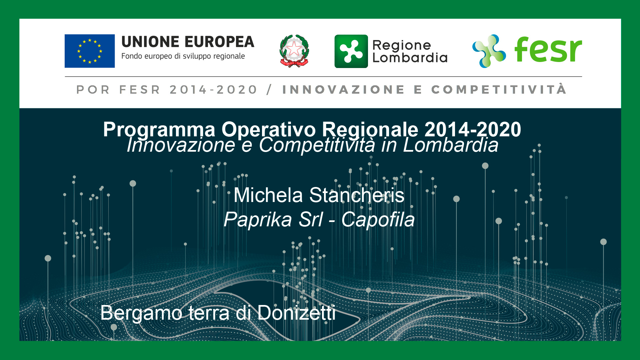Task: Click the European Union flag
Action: tap(90, 51)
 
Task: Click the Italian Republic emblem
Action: tap(294, 51)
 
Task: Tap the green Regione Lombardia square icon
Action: tap(351, 51)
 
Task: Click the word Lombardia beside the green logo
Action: tap(410, 58)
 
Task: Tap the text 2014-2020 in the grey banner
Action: tap(213, 90)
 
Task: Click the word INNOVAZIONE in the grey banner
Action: tap(343, 90)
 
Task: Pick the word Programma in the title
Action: tap(159, 129)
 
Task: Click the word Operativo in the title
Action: tap(269, 129)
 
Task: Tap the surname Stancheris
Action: tap(357, 195)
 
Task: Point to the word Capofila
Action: tap(378, 220)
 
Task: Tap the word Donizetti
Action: tap(296, 313)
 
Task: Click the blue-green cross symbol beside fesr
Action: tap(489, 51)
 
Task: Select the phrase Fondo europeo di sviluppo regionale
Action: tap(183, 56)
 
